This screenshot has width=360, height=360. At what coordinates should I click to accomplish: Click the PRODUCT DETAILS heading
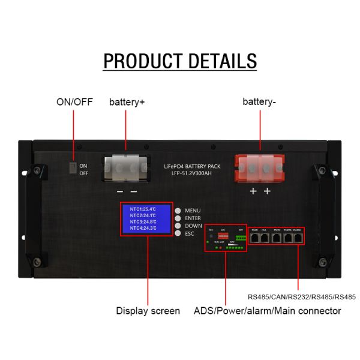pos(180,61)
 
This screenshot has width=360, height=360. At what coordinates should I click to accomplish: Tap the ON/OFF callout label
pos(74,101)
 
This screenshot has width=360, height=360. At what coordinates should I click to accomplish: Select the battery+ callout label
pos(127,102)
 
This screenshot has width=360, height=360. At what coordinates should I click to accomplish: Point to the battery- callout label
pos(259,102)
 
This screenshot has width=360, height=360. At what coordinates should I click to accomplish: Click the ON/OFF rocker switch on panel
pos(71,169)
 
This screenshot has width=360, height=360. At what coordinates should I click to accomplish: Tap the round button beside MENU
pos(178,211)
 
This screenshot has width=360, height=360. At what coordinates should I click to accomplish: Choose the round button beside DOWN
pos(178,226)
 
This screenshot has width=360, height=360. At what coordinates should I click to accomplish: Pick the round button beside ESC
pos(178,234)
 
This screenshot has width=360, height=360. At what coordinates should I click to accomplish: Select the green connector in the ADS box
pos(241,238)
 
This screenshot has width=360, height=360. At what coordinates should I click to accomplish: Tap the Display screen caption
pos(148,311)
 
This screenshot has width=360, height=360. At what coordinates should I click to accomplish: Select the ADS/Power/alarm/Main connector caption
pos(267,311)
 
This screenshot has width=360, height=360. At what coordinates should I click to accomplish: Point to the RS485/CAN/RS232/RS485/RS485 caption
pos(301,296)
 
